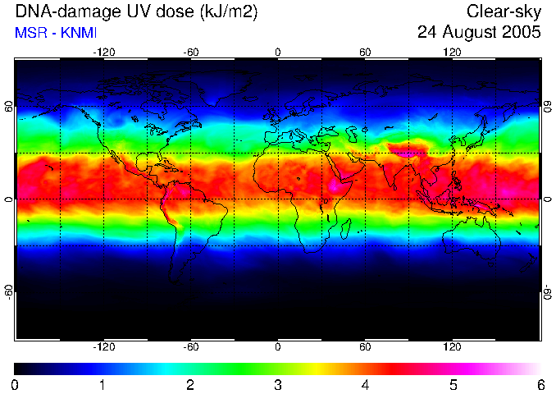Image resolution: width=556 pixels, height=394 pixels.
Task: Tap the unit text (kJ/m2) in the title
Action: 229,12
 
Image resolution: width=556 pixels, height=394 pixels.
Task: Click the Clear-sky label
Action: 504,12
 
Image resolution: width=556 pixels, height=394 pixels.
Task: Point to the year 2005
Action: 522,32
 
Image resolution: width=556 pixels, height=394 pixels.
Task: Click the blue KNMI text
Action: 79,33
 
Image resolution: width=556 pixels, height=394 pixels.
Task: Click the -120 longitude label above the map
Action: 104,53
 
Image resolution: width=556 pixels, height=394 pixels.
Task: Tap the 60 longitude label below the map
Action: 365,346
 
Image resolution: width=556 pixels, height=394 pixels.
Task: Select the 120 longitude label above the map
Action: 452,53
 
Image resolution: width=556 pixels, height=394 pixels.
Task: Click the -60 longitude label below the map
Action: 191,346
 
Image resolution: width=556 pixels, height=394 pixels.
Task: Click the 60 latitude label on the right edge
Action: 548,107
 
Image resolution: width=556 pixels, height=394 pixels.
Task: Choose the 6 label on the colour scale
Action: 540,385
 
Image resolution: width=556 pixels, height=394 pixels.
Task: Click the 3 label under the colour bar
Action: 278,385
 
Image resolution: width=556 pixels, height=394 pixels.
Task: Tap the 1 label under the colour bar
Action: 103,385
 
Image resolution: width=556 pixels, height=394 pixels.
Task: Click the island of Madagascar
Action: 346,228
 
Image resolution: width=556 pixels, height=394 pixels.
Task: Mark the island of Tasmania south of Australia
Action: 490,263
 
